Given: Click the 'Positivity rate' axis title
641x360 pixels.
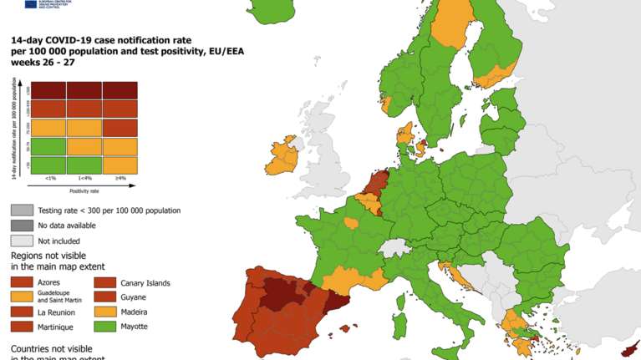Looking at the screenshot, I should tap(84, 190).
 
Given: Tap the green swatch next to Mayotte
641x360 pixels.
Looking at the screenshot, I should tap(104, 327).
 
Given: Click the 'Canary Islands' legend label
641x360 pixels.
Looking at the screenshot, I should tap(145, 283).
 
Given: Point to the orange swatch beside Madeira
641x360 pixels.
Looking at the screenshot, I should tap(104, 312).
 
